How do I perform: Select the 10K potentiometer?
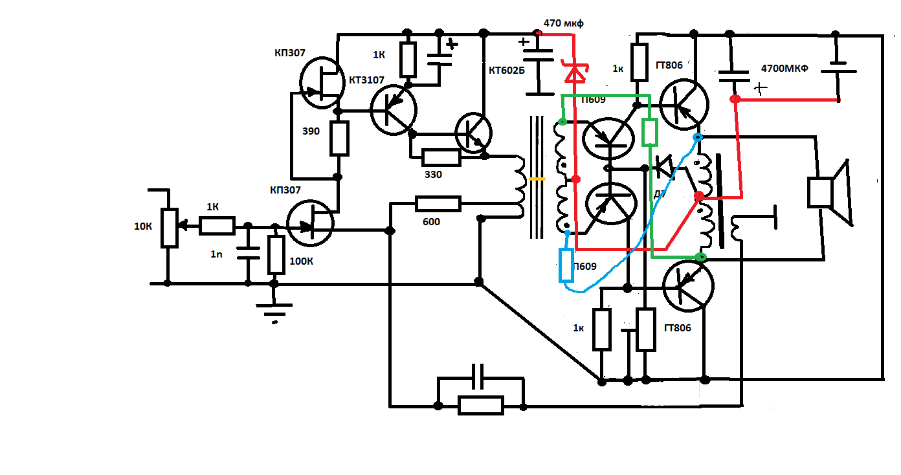point(169,227)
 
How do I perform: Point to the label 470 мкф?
point(563,24)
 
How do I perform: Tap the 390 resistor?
point(339,138)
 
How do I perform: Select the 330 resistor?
point(440,157)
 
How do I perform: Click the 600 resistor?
point(438,204)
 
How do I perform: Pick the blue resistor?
point(567,265)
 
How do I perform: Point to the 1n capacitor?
point(248,253)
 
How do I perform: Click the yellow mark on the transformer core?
point(537,178)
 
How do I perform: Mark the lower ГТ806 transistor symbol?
point(687,286)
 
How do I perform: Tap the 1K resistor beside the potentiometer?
point(217,226)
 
